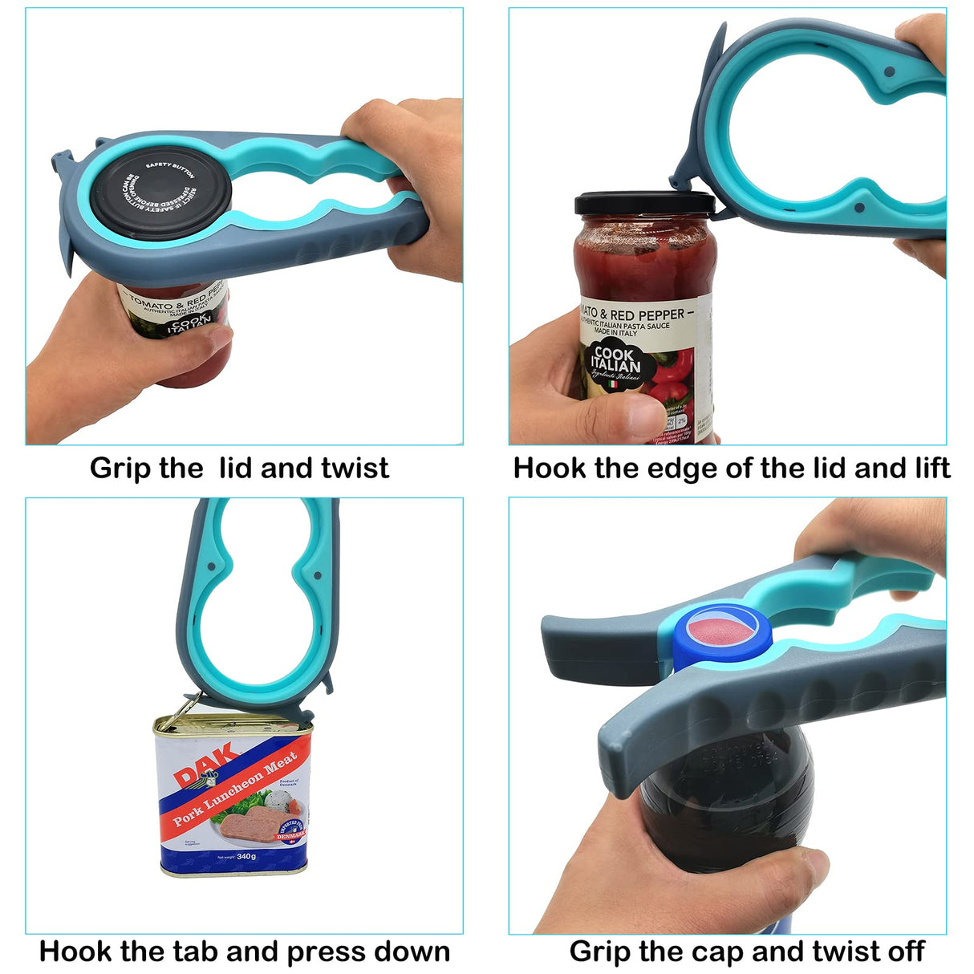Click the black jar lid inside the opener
pyautogui.click(x=160, y=194)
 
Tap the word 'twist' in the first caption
pyautogui.click(x=355, y=468)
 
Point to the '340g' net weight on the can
pyautogui.click(x=246, y=856)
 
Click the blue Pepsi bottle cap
pyautogui.click(x=720, y=636)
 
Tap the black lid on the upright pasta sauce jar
pyautogui.click(x=644, y=204)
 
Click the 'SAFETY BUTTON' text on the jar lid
pyautogui.click(x=169, y=169)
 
